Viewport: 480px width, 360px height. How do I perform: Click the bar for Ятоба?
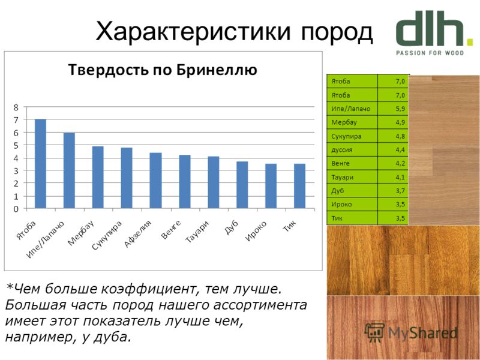coord(40,164)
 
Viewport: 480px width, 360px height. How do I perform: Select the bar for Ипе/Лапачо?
coord(69,171)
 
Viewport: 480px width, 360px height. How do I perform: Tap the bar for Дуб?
coord(242,185)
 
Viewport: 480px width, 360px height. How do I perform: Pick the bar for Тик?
coord(299,186)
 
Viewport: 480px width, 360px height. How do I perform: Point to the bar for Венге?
coord(185,182)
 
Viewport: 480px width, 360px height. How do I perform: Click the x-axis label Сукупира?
coord(107,235)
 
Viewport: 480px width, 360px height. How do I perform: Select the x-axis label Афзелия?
coord(137,233)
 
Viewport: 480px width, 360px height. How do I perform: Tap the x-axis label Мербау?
coord(80,233)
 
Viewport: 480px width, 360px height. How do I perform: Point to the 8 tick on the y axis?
coord(16,107)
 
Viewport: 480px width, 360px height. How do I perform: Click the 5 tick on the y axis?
coord(16,145)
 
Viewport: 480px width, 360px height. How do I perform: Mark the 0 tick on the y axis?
coord(16,209)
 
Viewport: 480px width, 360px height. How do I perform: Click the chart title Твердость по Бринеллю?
coord(163,70)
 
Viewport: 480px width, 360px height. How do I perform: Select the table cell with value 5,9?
coord(393,109)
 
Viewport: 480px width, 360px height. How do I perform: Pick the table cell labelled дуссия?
coord(352,149)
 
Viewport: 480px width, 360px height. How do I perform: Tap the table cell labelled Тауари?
coord(352,177)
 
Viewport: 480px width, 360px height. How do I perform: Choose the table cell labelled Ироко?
coord(352,204)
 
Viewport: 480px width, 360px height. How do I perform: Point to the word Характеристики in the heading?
coord(193,31)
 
